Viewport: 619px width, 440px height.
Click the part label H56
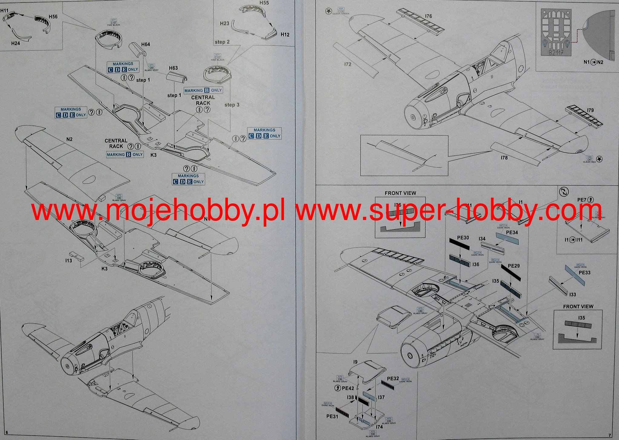tap(53, 17)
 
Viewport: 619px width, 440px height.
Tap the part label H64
tap(145, 44)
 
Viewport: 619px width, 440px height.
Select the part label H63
tap(173, 68)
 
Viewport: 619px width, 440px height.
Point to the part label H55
tap(264, 3)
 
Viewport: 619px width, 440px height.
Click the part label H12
tap(285, 34)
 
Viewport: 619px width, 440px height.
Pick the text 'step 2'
tap(222, 42)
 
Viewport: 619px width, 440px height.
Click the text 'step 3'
tap(232, 105)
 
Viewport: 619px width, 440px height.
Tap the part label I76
tap(428, 16)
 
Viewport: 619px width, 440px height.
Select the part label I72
tap(348, 64)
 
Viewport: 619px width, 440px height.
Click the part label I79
tap(590, 110)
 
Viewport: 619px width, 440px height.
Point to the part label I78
tap(504, 158)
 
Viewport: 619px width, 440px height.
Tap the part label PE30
tap(463, 238)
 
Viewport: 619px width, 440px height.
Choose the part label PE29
tap(514, 266)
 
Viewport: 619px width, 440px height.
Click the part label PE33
tap(584, 273)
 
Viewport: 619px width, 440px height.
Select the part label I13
tap(69, 260)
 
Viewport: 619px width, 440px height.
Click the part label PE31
tap(332, 416)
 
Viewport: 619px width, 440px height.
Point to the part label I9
tap(355, 362)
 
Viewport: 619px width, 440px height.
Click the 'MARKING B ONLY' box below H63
tap(203, 90)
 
